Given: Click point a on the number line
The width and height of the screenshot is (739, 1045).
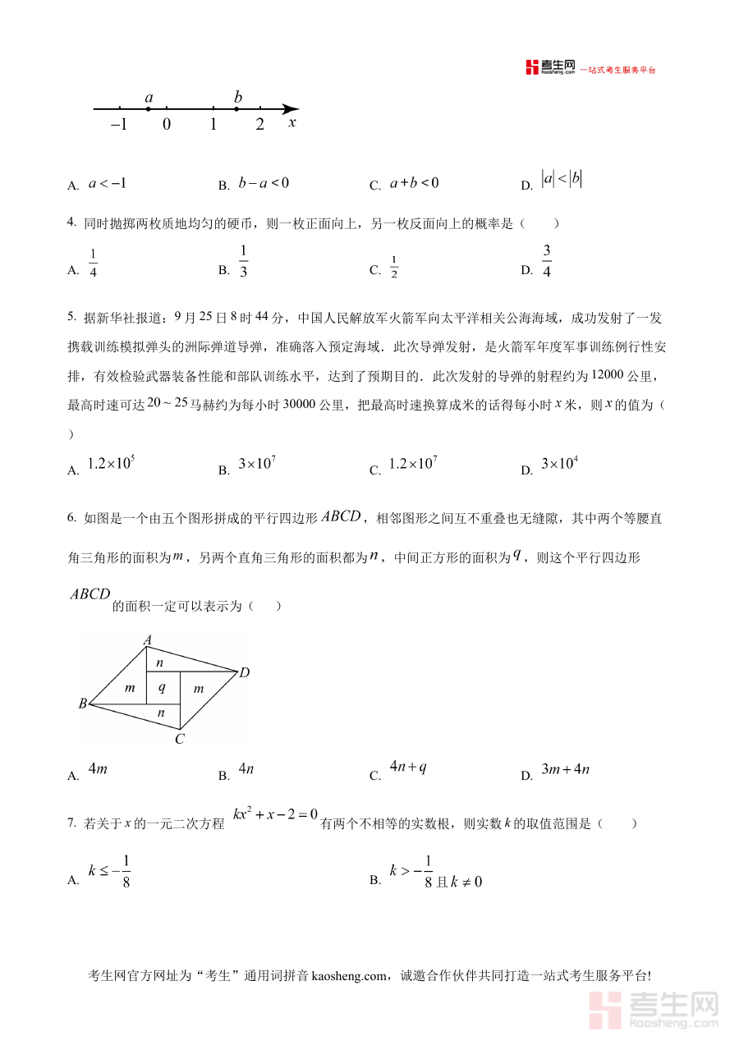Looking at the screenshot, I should (x=149, y=108).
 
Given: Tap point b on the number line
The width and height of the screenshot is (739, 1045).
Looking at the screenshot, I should (x=237, y=108).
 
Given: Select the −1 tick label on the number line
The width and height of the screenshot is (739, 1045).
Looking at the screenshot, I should (x=119, y=125).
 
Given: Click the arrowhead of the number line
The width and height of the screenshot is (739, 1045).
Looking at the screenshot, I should (x=291, y=108).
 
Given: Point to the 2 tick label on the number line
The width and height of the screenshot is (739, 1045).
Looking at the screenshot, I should (x=260, y=125).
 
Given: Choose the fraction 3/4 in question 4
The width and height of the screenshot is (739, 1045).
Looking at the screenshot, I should (x=547, y=261).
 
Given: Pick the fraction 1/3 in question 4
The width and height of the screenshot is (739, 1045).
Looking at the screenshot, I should (x=244, y=261).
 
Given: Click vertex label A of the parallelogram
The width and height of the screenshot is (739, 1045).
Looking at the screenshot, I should (x=148, y=639).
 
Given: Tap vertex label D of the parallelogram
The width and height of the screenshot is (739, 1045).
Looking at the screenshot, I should (x=244, y=673).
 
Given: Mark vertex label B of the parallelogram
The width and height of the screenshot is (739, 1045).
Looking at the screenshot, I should (x=83, y=704).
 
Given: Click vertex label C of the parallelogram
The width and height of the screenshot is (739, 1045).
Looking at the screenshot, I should (x=179, y=739).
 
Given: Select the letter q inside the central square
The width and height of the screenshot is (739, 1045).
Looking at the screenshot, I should (x=162, y=688).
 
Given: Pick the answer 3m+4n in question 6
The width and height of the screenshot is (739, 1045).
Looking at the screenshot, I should (x=566, y=769).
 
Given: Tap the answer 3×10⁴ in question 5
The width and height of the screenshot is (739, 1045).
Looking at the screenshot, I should (x=560, y=464).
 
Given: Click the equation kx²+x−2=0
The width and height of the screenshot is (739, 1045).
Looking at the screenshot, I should (x=275, y=814).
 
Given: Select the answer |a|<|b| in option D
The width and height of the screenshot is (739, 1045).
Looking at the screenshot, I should (x=562, y=180).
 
